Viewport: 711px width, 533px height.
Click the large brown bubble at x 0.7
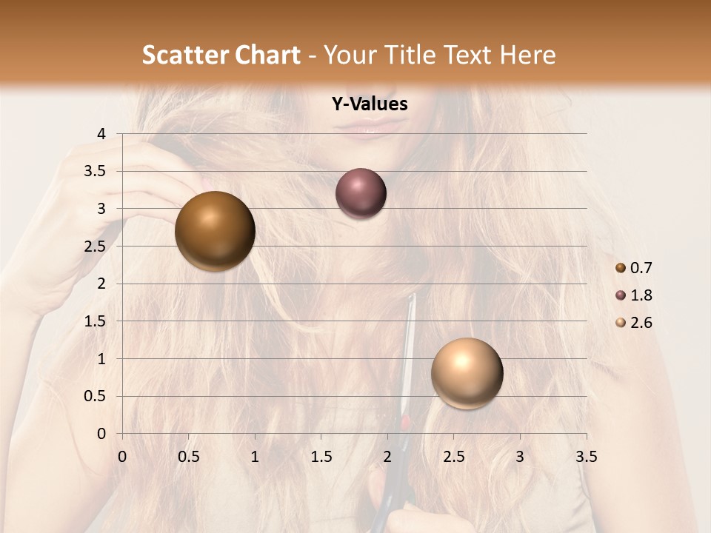pos(216,231)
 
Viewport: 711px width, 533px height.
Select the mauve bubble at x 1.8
pos(361,193)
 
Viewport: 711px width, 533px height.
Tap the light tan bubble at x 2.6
pos(467,373)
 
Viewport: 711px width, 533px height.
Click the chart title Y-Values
pos(370,104)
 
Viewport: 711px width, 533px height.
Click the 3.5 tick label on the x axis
pos(586,457)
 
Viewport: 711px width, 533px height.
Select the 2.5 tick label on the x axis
pos(453,457)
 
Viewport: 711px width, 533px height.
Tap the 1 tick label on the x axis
pos(255,457)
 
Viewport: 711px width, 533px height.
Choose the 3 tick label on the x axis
pos(520,457)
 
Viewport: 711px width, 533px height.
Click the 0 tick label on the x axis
pos(122,457)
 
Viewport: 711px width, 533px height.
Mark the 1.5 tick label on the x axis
pos(321,457)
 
